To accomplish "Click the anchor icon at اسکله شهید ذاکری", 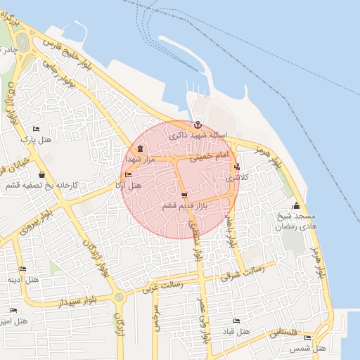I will click(197, 124).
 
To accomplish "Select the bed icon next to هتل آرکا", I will click(127, 175).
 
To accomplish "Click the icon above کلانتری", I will click(236, 167).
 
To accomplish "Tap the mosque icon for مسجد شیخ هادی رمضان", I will click(296, 206).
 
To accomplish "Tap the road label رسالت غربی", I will click(162, 286).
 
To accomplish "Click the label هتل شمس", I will click(311, 348).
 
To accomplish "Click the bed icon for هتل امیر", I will click(13, 310).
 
